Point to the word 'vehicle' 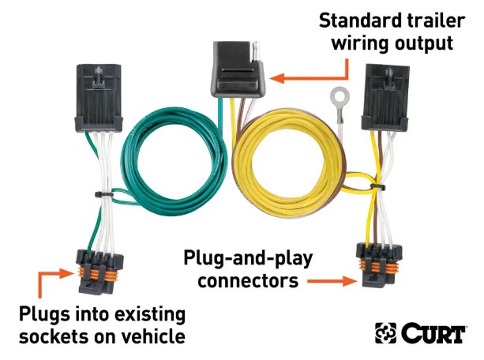[154, 336]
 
